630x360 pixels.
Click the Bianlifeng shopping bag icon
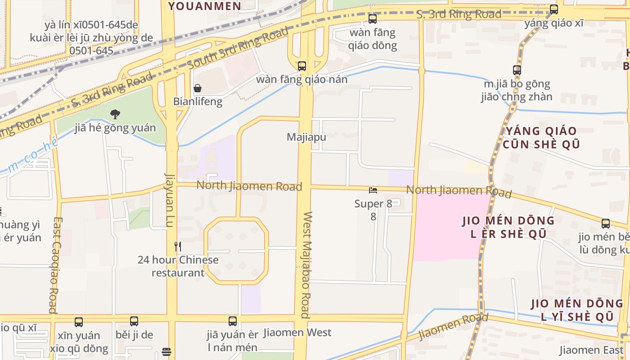pyautogui.click(x=197, y=88)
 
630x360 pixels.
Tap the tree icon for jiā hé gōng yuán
pyautogui.click(x=115, y=114)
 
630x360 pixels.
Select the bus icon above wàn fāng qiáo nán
pyautogui.click(x=302, y=66)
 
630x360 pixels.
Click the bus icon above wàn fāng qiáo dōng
pyautogui.click(x=373, y=19)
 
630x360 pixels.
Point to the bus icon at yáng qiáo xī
pyautogui.click(x=554, y=9)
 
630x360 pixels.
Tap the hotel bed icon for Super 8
pyautogui.click(x=373, y=190)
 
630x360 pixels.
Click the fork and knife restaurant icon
pyautogui.click(x=178, y=247)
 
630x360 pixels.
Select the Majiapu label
pyautogui.click(x=306, y=137)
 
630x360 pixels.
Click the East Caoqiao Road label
pyautogui.click(x=54, y=265)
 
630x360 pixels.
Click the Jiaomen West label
pyautogui.click(x=297, y=333)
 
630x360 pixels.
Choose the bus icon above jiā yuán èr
pyautogui.click(x=233, y=321)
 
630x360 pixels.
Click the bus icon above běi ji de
pyautogui.click(x=134, y=321)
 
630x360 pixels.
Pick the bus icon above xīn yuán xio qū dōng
pyautogui.click(x=79, y=322)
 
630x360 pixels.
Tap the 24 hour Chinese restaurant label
pyautogui.click(x=178, y=266)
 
